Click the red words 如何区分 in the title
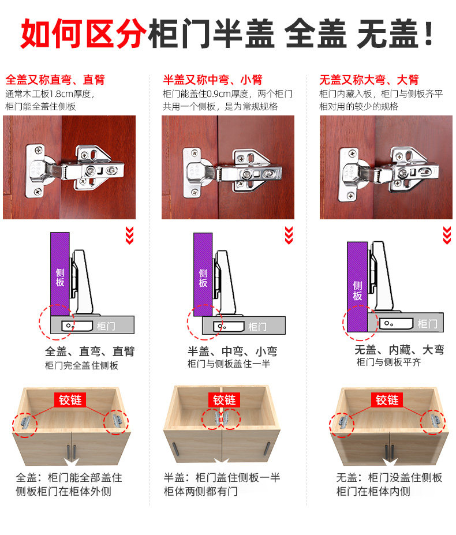(x=83, y=33)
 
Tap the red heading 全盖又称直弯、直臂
(x=55, y=80)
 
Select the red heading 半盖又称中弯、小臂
(x=212, y=80)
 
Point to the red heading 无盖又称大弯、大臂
(x=369, y=80)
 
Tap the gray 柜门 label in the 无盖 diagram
(x=427, y=323)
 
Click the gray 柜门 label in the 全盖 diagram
(x=106, y=326)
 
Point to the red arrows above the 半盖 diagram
(x=289, y=235)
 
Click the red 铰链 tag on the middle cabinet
(x=225, y=400)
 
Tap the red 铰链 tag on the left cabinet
(x=70, y=399)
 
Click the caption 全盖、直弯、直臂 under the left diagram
(x=89, y=351)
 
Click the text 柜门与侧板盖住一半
(x=229, y=364)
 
